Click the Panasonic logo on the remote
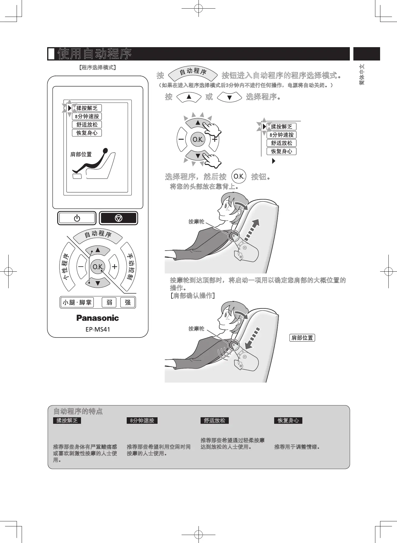pyautogui.click(x=98, y=318)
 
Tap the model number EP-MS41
pyautogui.click(x=98, y=329)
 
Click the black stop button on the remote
pyautogui.click(x=118, y=218)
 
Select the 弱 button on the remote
pyautogui.click(x=109, y=302)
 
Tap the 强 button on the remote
pyautogui.click(x=128, y=302)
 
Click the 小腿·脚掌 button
pyautogui.click(x=77, y=302)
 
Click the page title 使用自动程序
pyautogui.click(x=95, y=54)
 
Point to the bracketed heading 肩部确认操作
pyautogui.click(x=193, y=296)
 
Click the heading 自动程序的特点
pyautogui.click(x=78, y=411)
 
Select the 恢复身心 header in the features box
pyautogui.click(x=288, y=421)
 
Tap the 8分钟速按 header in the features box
pyautogui.click(x=142, y=421)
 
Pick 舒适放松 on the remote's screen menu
pyautogui.click(x=87, y=125)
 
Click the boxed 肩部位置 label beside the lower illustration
pyautogui.click(x=302, y=338)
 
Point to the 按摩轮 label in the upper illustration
pyautogui.click(x=196, y=222)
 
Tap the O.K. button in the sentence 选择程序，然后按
pyautogui.click(x=239, y=176)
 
